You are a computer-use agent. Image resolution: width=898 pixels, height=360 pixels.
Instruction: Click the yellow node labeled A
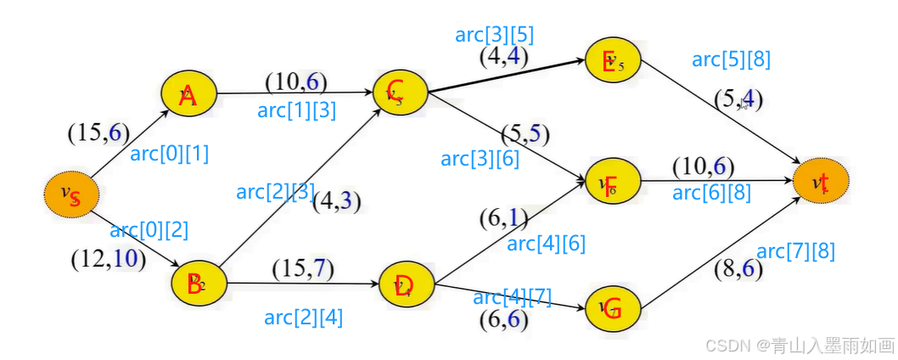pyautogui.click(x=189, y=95)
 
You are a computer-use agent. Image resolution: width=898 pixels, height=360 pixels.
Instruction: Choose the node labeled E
pyautogui.click(x=612, y=62)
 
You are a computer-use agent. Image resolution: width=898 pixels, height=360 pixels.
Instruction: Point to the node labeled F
pyautogui.click(x=612, y=184)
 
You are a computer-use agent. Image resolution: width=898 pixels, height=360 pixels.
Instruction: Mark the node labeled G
pyautogui.click(x=612, y=309)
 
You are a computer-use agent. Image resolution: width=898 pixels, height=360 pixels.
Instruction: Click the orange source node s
pyautogui.click(x=72, y=196)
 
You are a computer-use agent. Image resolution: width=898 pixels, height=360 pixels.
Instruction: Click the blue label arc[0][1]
pyautogui.click(x=169, y=155)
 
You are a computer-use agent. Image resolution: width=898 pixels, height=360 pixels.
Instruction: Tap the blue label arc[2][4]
pyautogui.click(x=303, y=318)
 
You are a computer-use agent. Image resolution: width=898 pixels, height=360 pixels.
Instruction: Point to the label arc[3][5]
pyautogui.click(x=494, y=35)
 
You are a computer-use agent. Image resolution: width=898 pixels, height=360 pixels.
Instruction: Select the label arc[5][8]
pyautogui.click(x=731, y=59)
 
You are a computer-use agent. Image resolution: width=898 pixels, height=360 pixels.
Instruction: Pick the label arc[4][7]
pyautogui.click(x=512, y=297)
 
